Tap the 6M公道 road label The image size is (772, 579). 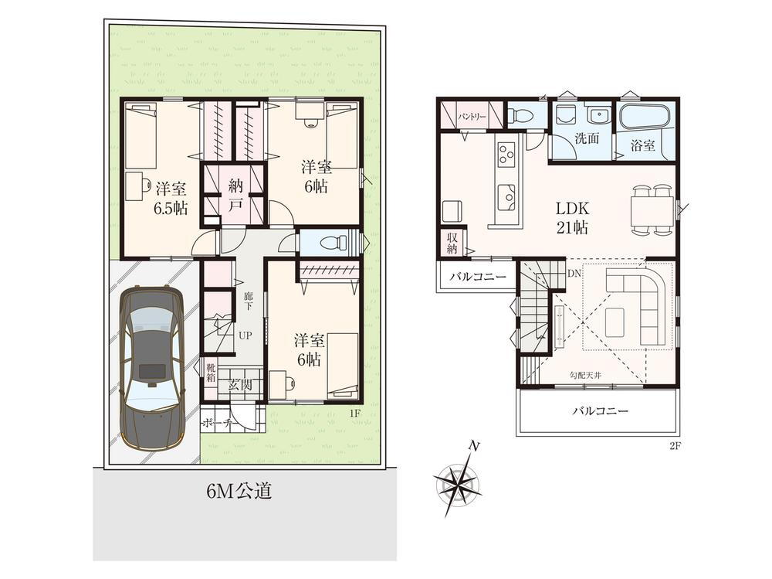pyautogui.click(x=239, y=490)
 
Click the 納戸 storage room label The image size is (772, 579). pyautogui.click(x=235, y=195)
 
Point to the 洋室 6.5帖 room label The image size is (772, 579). pyautogui.click(x=171, y=199)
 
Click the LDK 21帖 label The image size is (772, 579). pyautogui.click(x=572, y=217)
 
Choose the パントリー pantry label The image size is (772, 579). pyautogui.click(x=472, y=117)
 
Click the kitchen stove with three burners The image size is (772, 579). pyautogui.click(x=506, y=152)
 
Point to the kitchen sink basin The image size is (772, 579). pyautogui.click(x=506, y=197)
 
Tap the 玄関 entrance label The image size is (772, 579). pyautogui.click(x=240, y=385)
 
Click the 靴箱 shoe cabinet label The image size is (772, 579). pyautogui.click(x=211, y=373)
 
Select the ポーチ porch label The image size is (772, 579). pyautogui.click(x=219, y=423)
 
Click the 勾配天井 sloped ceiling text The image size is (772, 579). pyautogui.click(x=585, y=375)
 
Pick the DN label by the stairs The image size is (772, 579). pyautogui.click(x=574, y=273)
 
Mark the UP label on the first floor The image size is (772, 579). pyautogui.click(x=245, y=335)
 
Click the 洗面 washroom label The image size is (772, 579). pyautogui.click(x=587, y=138)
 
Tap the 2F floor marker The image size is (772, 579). pyautogui.click(x=674, y=446)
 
